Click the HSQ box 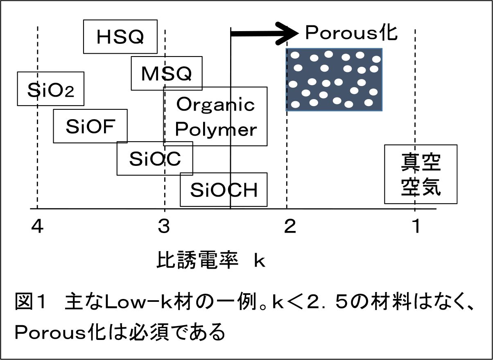click(120, 36)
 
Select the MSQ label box click(166, 73)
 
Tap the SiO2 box click(50, 89)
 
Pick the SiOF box click(90, 126)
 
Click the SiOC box click(154, 158)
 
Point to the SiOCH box click(224, 190)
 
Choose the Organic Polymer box click(215, 116)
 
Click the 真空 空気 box click(421, 174)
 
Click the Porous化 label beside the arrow click(351, 33)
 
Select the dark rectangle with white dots click(334, 79)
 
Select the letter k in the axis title click(260, 260)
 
